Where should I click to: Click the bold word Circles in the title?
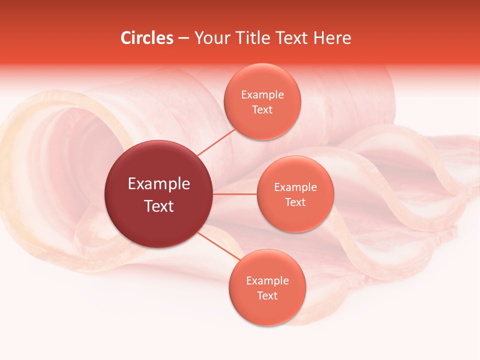coord(146,38)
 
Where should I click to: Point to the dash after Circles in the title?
coord(183,38)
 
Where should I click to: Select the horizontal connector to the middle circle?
coord(235,193)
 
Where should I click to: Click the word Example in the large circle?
coord(159,184)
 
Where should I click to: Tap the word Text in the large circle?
coord(159,206)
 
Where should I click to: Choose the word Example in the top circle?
coord(262,94)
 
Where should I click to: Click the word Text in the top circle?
coord(262,109)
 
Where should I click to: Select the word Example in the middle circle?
coord(295,187)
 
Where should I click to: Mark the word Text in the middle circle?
coord(295,202)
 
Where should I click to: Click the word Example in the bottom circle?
coord(267,280)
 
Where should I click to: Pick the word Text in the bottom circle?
coord(267,295)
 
